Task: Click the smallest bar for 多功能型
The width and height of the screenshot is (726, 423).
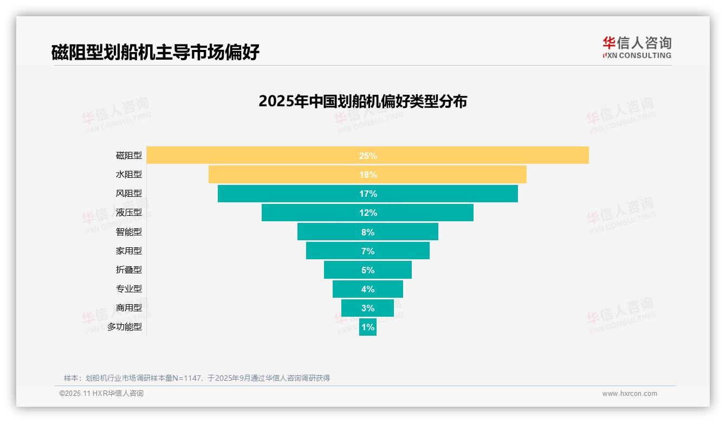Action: click(x=368, y=327)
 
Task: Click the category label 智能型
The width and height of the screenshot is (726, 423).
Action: click(x=129, y=232)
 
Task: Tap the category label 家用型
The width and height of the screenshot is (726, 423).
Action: click(x=129, y=251)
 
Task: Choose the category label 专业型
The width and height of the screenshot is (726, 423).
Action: click(x=129, y=289)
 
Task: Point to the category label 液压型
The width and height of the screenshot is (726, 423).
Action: click(x=129, y=213)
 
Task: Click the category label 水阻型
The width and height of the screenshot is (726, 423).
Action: click(x=129, y=175)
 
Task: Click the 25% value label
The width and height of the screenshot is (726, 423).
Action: click(x=368, y=156)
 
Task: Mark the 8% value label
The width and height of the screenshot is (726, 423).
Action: click(x=368, y=232)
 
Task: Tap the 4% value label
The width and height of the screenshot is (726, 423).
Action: click(x=368, y=289)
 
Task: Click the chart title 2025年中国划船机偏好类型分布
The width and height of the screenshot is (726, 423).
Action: click(x=362, y=101)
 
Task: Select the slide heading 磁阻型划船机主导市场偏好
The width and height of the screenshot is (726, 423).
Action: click(x=155, y=52)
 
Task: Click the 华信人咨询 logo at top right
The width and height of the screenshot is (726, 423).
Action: click(x=637, y=47)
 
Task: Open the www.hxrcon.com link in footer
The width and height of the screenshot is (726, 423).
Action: click(x=630, y=394)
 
